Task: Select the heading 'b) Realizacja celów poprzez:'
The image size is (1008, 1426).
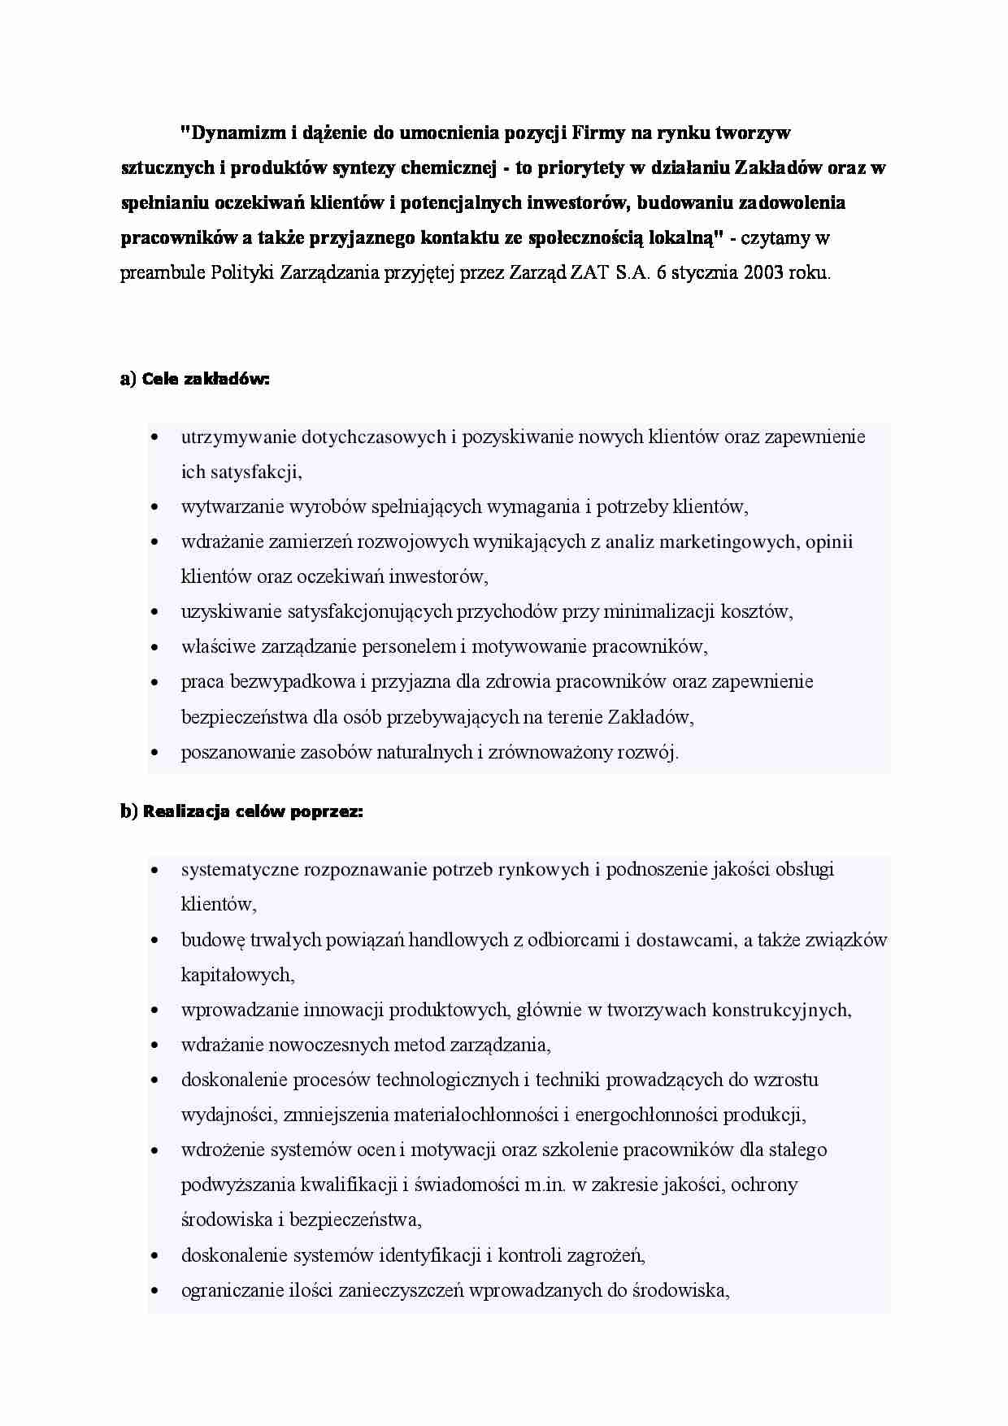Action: point(241,811)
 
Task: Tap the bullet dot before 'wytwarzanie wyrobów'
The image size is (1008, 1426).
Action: point(154,508)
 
